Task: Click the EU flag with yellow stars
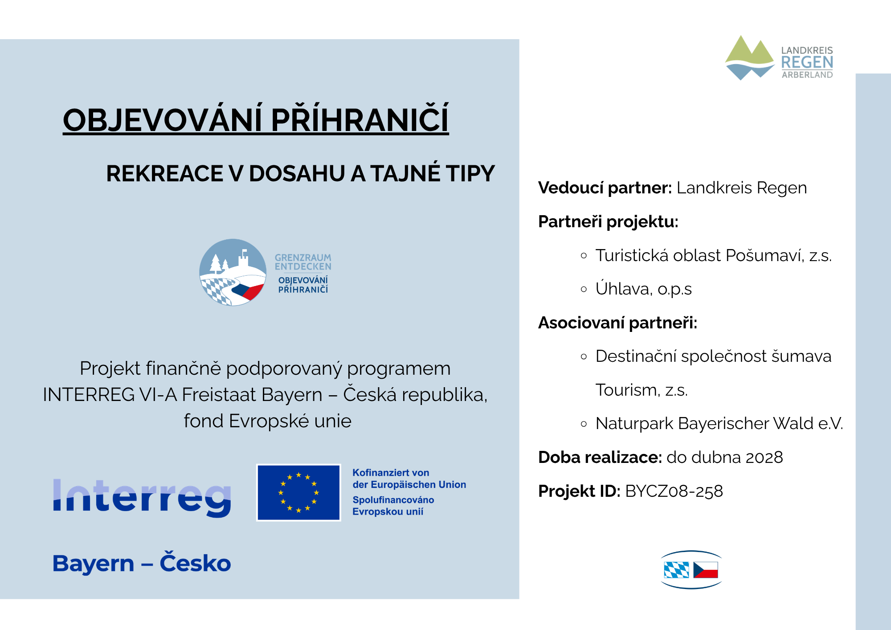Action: (298, 492)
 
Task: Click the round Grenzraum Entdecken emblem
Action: (233, 272)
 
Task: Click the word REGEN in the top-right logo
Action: (807, 62)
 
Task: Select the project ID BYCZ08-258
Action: (674, 491)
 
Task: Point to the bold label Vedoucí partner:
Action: (605, 188)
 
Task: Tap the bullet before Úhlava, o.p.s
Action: (584, 289)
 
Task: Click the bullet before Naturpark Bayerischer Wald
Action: (584, 424)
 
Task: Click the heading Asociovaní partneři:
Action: (618, 323)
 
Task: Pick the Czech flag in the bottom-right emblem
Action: (706, 570)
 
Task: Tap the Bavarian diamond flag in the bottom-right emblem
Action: (676, 570)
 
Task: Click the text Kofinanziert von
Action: (391, 473)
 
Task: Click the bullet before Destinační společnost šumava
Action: (584, 356)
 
